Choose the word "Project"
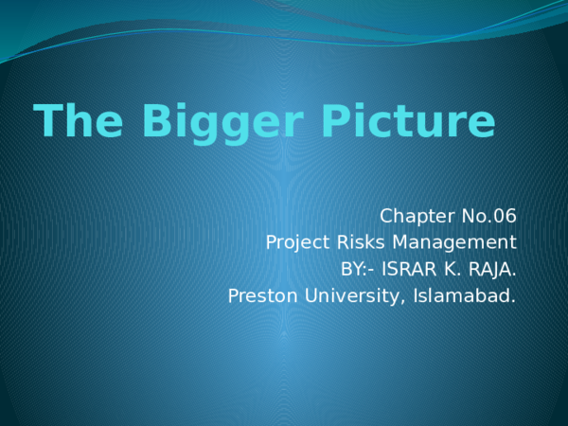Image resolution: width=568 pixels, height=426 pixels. [298, 241]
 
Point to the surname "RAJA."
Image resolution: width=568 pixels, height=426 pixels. [494, 269]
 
